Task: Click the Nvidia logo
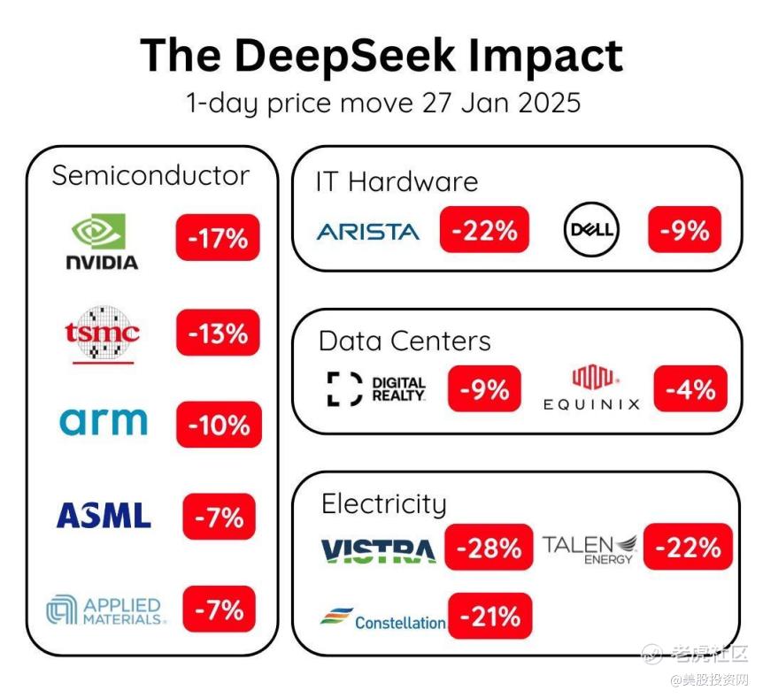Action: point(103,242)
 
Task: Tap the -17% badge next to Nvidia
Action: point(218,238)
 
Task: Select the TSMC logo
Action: point(102,334)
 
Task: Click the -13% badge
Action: point(218,334)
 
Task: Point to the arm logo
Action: point(104,421)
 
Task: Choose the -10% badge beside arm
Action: point(219,425)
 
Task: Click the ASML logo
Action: point(104,515)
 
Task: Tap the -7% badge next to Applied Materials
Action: point(219,610)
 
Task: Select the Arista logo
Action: point(367,232)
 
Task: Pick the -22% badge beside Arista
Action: point(484,231)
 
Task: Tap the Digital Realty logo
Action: point(376,389)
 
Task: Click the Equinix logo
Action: point(591,390)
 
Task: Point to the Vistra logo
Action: point(378,550)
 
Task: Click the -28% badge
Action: point(489,548)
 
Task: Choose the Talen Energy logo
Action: point(590,548)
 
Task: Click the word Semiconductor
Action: point(150,175)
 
